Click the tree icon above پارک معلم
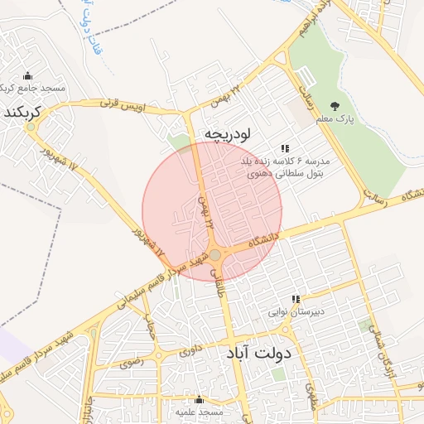[x=335, y=106]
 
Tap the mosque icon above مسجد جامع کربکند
[x=28, y=75]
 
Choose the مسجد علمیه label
[x=199, y=412]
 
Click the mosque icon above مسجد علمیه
[x=199, y=399]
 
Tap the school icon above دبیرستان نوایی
[x=296, y=299]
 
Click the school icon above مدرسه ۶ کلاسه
[x=285, y=148]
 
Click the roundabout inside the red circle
[x=215, y=255]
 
